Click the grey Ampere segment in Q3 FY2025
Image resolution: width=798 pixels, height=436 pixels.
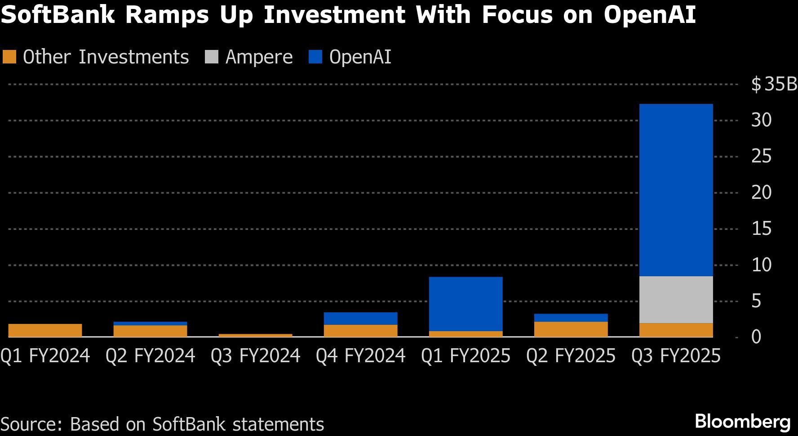point(676,299)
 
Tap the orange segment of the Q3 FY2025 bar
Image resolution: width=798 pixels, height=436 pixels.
point(676,330)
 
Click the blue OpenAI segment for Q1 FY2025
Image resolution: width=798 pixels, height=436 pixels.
point(465,304)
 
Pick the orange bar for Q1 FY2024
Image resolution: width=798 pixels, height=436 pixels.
point(45,330)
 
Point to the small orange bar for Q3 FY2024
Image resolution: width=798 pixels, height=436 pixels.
point(255,335)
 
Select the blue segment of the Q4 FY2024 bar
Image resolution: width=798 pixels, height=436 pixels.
point(360,319)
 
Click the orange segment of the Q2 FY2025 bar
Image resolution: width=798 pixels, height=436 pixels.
point(571,329)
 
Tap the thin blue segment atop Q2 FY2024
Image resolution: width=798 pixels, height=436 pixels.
point(150,324)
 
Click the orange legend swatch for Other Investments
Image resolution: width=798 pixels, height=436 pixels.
point(9,57)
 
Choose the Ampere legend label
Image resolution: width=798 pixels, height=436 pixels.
point(259,57)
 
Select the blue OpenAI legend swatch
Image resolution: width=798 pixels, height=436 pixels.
point(315,57)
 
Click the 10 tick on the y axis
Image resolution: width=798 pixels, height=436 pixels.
point(761,265)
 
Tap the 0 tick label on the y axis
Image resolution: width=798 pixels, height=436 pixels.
point(756,337)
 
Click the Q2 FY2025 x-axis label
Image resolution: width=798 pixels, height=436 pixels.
point(571,356)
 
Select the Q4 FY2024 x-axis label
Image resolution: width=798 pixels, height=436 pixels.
point(360,356)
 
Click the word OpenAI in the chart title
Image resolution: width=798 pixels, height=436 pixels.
point(650,14)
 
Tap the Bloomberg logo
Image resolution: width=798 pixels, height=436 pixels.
point(742,422)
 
